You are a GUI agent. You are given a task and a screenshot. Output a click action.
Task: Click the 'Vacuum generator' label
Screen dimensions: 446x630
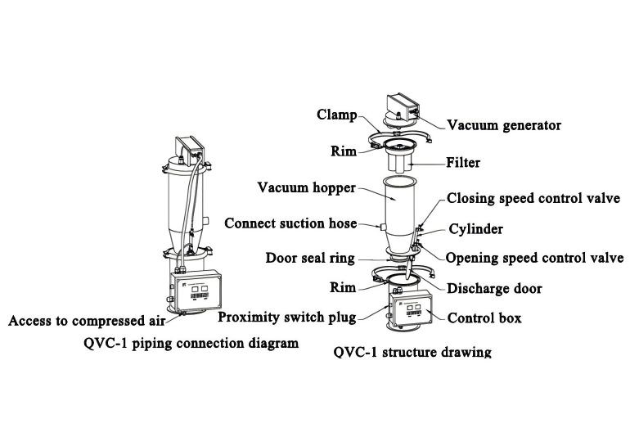click(503, 125)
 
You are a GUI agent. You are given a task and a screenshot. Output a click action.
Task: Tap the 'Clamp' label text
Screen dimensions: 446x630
click(337, 115)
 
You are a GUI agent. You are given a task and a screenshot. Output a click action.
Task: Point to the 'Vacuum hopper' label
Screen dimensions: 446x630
click(307, 188)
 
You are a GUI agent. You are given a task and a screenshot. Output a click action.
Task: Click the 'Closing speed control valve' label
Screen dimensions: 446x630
click(533, 198)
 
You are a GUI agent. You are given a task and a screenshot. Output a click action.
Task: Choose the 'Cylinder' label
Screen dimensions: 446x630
click(475, 229)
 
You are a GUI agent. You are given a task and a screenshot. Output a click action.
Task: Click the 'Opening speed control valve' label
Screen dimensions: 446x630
click(534, 258)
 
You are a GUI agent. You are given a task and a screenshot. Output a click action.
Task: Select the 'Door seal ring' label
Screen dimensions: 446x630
click(310, 258)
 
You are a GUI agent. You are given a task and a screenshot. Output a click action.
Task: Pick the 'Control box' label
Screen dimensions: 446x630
click(484, 318)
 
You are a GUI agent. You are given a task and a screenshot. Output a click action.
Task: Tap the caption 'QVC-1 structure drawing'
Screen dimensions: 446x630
click(413, 353)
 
